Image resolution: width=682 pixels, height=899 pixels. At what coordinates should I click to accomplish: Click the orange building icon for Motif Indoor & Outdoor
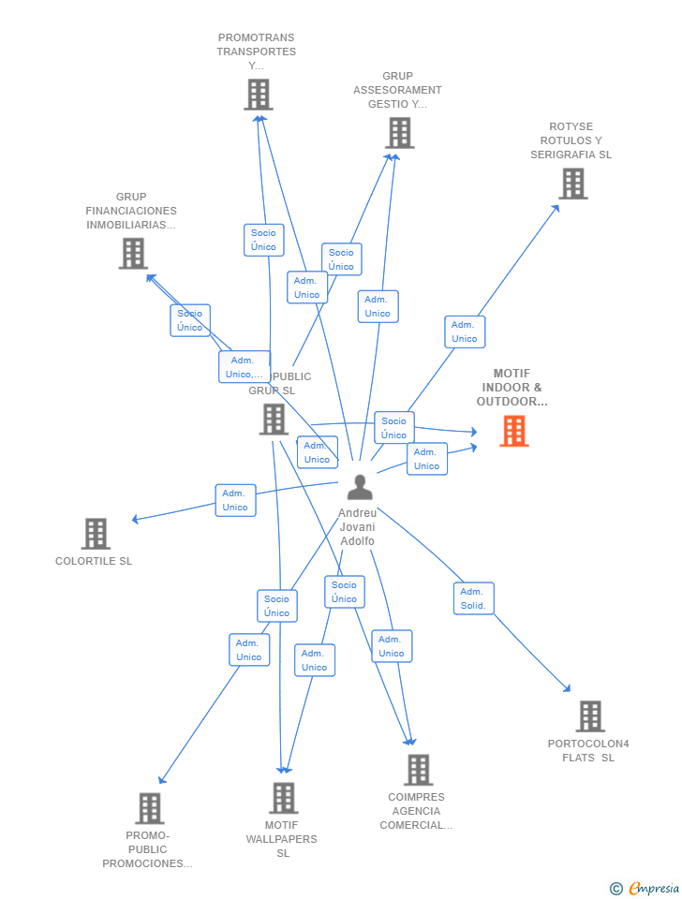pyautogui.click(x=513, y=431)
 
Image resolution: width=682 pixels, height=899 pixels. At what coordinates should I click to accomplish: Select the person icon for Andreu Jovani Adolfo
pyautogui.click(x=359, y=487)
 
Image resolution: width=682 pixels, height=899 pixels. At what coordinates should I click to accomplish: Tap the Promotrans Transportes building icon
pyautogui.click(x=258, y=95)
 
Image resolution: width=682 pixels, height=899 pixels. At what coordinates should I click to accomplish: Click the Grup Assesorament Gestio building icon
pyautogui.click(x=399, y=133)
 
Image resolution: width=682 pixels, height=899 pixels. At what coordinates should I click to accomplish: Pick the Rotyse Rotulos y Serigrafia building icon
pyautogui.click(x=572, y=184)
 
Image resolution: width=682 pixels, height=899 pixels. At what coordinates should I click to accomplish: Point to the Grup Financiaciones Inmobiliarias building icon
pyautogui.click(x=133, y=253)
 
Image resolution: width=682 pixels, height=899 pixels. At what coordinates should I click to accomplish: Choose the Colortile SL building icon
pyautogui.click(x=96, y=534)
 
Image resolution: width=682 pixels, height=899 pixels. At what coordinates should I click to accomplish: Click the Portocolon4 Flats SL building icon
pyautogui.click(x=589, y=716)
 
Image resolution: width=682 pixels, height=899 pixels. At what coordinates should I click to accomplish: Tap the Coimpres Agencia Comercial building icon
pyautogui.click(x=418, y=770)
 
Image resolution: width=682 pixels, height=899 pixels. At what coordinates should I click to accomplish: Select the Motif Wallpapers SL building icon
pyautogui.click(x=283, y=798)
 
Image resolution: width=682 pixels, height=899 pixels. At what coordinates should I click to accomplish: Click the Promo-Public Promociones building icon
pyautogui.click(x=149, y=808)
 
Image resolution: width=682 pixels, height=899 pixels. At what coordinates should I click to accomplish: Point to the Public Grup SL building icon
pyautogui.click(x=274, y=420)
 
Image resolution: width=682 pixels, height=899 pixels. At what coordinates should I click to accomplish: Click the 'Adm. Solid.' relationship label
pyautogui.click(x=473, y=598)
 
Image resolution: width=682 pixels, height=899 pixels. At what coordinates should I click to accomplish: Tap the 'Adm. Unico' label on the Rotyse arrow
pyautogui.click(x=464, y=332)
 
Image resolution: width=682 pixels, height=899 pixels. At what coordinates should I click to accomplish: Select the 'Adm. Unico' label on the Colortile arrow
pyautogui.click(x=235, y=500)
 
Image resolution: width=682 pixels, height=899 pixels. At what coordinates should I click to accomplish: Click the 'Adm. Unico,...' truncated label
pyautogui.click(x=244, y=367)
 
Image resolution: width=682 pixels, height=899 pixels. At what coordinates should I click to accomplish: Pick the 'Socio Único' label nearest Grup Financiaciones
pyautogui.click(x=190, y=320)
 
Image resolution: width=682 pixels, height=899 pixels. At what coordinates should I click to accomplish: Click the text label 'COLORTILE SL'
pyautogui.click(x=94, y=561)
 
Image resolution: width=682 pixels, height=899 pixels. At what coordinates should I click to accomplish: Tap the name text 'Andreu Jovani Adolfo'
pyautogui.click(x=357, y=527)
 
